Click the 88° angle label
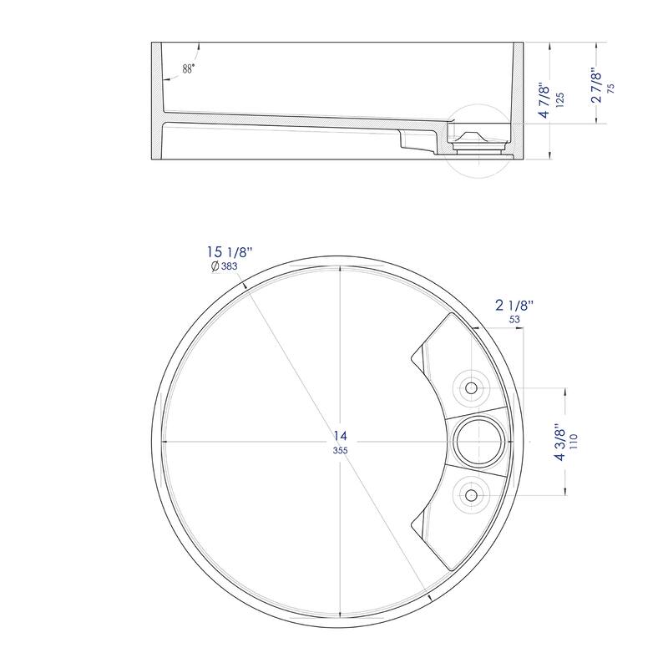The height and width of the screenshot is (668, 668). click(188, 69)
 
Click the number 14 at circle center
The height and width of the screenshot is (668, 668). click(340, 435)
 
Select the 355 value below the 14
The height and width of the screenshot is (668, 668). click(340, 450)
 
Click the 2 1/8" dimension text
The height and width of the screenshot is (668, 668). click(512, 306)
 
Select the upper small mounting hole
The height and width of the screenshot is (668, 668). click(471, 387)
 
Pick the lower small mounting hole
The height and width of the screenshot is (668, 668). click(471, 495)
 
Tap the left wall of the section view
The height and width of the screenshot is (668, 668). click(158, 100)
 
